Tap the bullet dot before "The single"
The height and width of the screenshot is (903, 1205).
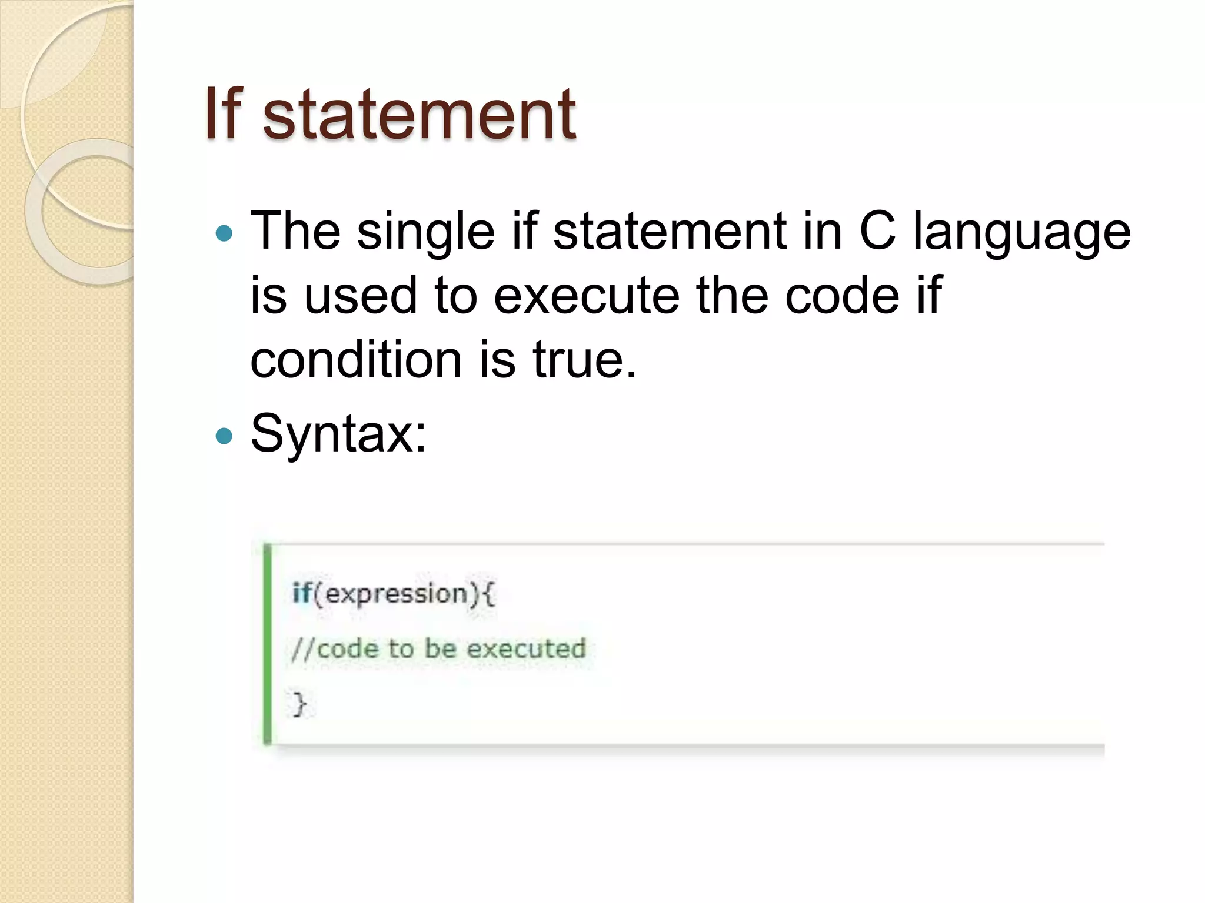224,234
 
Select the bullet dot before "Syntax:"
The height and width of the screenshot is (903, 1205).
224,436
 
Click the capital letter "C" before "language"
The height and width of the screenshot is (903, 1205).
877,231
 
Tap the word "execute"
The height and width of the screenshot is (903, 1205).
586,296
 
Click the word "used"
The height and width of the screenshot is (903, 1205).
360,296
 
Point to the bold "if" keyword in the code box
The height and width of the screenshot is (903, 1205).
301,593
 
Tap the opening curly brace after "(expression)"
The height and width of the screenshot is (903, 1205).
488,594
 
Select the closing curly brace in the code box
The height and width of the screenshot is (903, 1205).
299,704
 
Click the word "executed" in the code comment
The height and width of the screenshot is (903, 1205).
526,649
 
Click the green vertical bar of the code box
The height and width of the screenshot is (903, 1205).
268,644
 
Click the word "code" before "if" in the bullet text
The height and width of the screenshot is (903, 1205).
842,296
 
